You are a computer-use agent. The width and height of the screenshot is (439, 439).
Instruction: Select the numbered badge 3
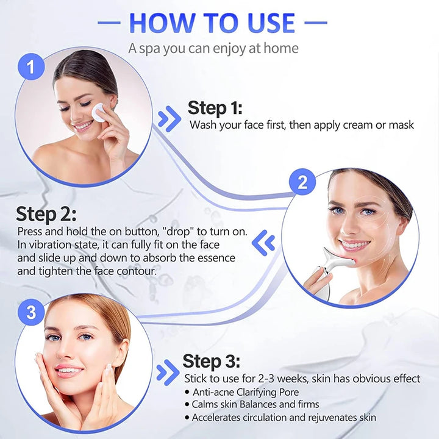[31, 313]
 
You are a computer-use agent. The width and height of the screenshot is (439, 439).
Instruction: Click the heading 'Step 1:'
[215, 108]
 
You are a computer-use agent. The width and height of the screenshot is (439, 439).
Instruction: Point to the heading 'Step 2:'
[46, 214]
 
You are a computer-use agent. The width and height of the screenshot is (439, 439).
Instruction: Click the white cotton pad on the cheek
[98, 112]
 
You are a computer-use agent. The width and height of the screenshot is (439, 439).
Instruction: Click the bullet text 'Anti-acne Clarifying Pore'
[246, 392]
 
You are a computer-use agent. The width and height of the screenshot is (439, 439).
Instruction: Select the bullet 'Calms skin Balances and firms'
[255, 404]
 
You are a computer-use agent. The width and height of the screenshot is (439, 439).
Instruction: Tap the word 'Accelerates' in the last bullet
[220, 418]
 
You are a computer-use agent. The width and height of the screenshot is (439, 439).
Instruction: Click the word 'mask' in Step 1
[401, 125]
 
